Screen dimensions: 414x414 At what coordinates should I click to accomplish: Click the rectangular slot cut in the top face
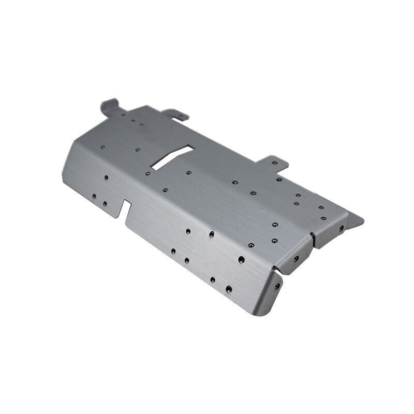click(x=172, y=157)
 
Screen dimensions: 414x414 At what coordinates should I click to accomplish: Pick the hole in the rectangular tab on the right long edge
click(x=275, y=162)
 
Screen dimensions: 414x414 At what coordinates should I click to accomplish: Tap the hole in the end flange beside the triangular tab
click(x=341, y=228)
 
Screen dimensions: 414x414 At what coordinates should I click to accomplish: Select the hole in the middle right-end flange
click(x=296, y=258)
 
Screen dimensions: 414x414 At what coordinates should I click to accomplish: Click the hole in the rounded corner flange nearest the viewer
click(x=277, y=286)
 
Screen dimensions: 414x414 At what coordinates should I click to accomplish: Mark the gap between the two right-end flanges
click(x=312, y=239)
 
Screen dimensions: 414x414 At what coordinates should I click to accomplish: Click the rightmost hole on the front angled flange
click(x=241, y=259)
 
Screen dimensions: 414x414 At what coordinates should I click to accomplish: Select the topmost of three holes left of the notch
click(x=106, y=177)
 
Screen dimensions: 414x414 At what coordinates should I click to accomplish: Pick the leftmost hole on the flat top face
click(x=102, y=147)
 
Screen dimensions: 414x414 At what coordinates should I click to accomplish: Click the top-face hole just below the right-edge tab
click(x=279, y=180)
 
